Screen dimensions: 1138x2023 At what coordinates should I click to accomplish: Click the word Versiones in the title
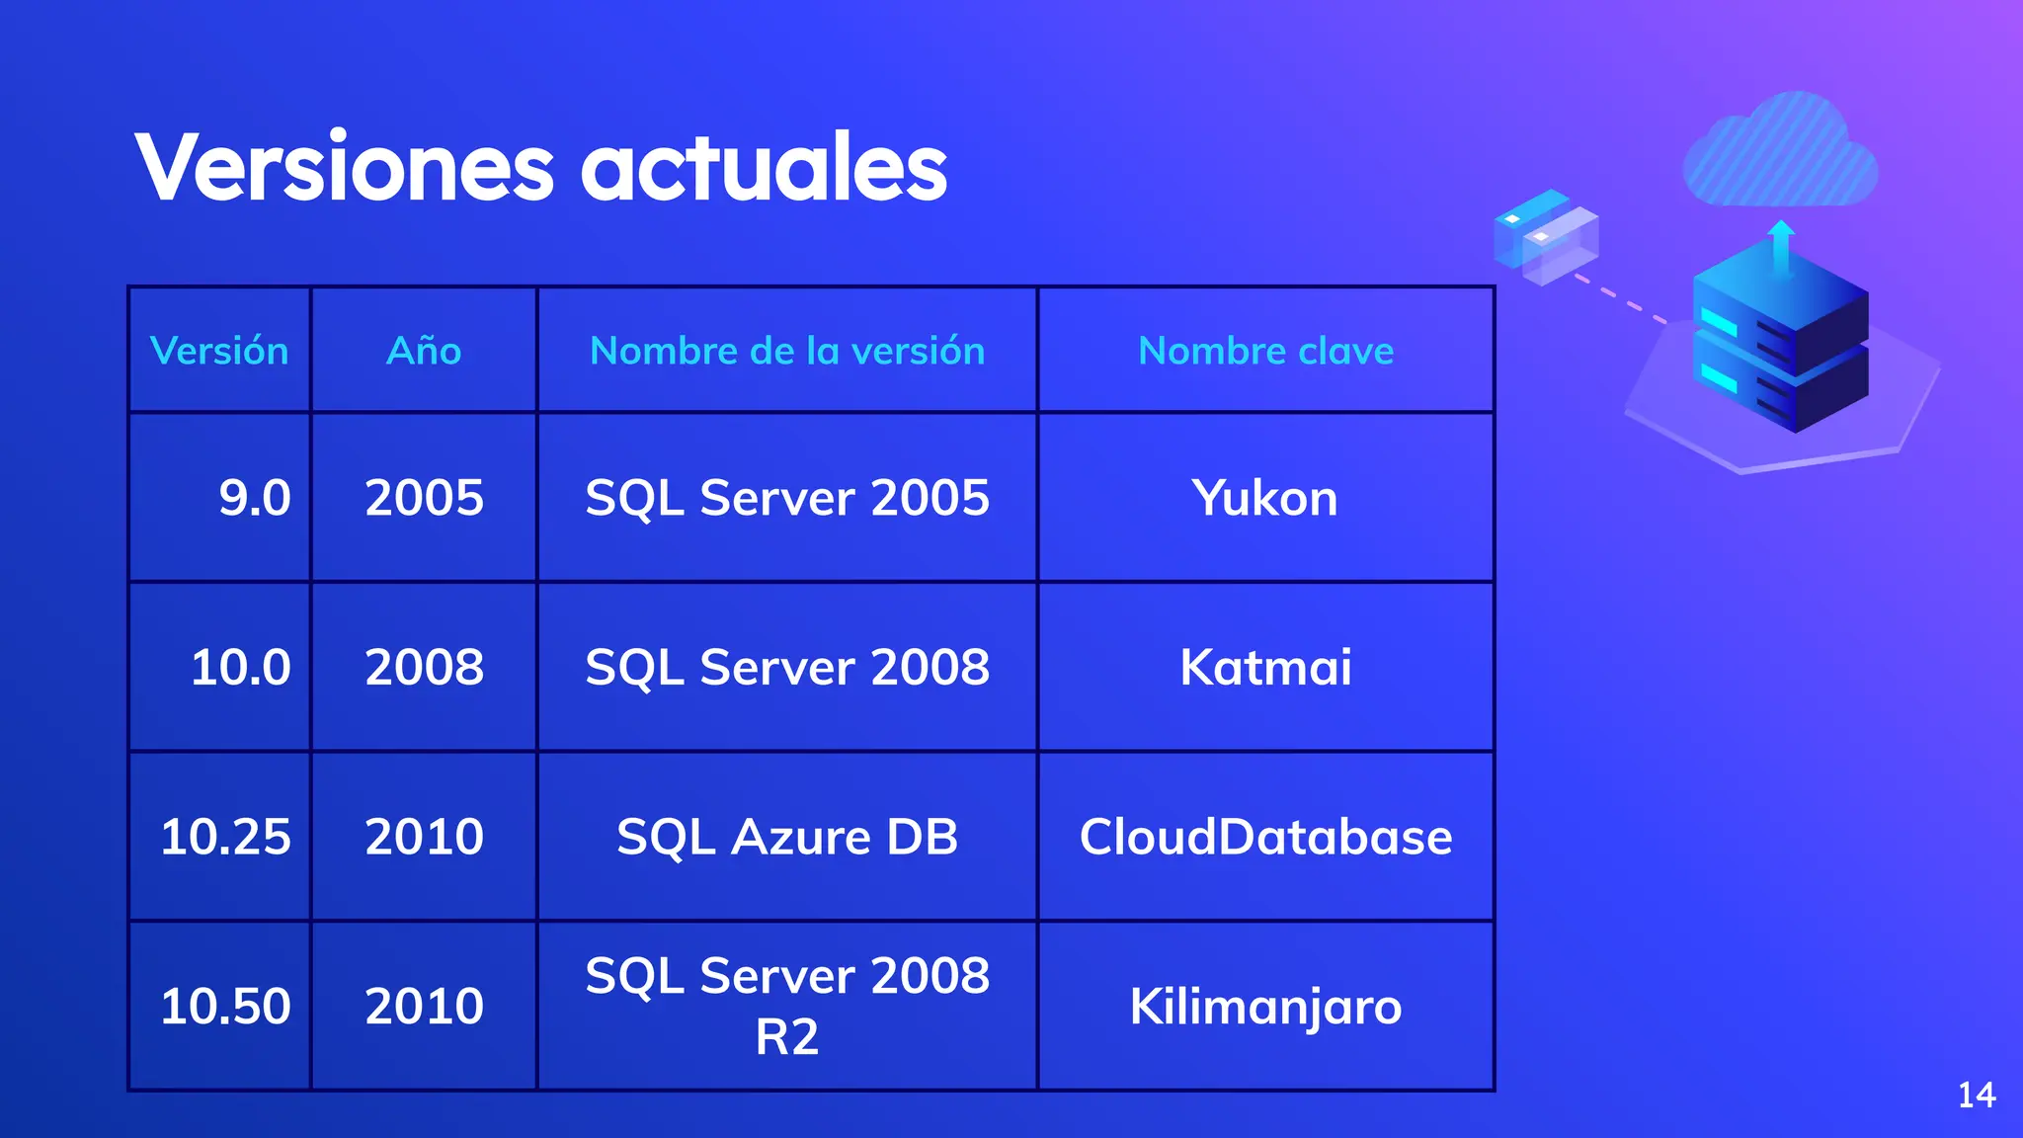[x=345, y=167]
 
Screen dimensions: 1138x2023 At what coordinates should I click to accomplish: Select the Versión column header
[x=219, y=351]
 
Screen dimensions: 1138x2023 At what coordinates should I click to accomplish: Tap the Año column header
[x=424, y=351]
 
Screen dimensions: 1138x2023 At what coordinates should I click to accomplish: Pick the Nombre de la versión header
[x=787, y=351]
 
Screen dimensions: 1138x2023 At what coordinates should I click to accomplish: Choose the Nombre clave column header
[x=1265, y=351]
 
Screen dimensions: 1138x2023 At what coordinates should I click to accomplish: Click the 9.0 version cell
[x=254, y=497]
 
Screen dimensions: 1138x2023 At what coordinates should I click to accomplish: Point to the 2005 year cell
[x=424, y=497]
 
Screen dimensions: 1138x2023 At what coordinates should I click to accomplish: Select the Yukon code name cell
[x=1265, y=497]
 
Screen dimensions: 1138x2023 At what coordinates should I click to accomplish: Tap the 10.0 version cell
[x=240, y=667]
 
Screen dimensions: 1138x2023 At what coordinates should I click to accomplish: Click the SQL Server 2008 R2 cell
[x=787, y=1006]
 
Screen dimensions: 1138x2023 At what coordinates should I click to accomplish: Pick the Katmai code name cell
[x=1265, y=667]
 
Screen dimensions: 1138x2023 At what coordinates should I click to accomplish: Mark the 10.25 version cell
[x=225, y=837]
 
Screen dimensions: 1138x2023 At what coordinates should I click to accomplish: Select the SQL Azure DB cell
[x=787, y=837]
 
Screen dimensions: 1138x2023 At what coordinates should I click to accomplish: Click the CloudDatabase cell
[x=1265, y=837]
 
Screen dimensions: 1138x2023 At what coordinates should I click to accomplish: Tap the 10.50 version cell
[x=225, y=1006]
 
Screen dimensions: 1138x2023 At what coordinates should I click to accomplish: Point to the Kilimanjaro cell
[x=1265, y=1006]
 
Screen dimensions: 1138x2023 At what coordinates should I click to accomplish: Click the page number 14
[x=1977, y=1095]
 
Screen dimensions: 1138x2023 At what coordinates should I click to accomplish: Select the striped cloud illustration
[x=1781, y=153]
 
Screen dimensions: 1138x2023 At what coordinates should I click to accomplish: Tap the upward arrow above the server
[x=1781, y=247]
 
